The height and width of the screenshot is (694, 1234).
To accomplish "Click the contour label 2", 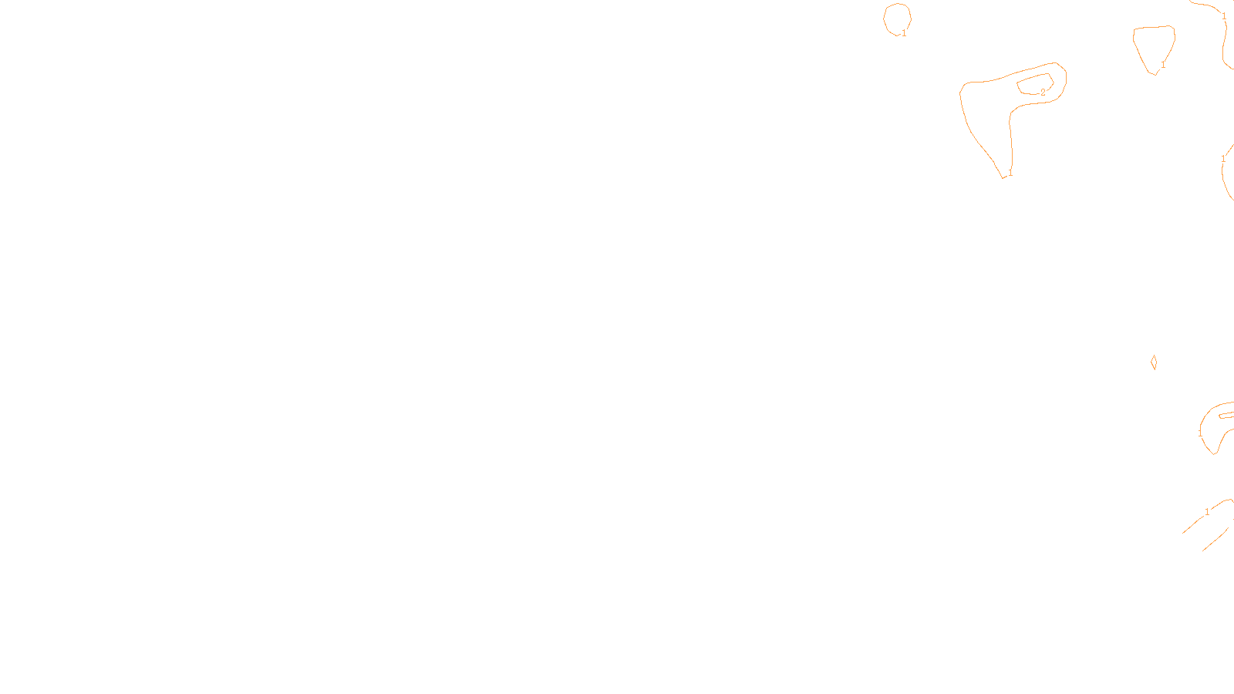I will pyautogui.click(x=1043, y=93).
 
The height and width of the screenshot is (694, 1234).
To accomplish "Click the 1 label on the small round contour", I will pyautogui.click(x=904, y=33).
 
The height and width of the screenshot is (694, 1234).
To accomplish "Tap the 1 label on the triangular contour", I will pyautogui.click(x=1163, y=65).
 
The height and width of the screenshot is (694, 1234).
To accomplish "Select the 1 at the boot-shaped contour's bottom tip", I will pyautogui.click(x=1010, y=173).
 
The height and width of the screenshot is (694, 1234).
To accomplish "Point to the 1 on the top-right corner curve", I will pyautogui.click(x=1224, y=15).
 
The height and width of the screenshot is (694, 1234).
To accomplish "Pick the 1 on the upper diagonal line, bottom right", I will pyautogui.click(x=1207, y=512).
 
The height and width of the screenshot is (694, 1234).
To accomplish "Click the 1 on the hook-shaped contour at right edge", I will pyautogui.click(x=1200, y=434).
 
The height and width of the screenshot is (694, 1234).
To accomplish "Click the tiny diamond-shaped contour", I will pyautogui.click(x=1154, y=362).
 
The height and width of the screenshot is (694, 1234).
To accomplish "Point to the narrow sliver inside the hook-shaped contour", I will pyautogui.click(x=1225, y=415).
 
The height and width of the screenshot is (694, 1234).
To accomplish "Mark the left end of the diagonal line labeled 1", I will pyautogui.click(x=1184, y=532).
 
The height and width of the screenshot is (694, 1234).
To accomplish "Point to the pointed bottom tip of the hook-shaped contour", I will pyautogui.click(x=1215, y=453).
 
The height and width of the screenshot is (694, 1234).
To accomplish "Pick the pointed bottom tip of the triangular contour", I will pyautogui.click(x=1155, y=74).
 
